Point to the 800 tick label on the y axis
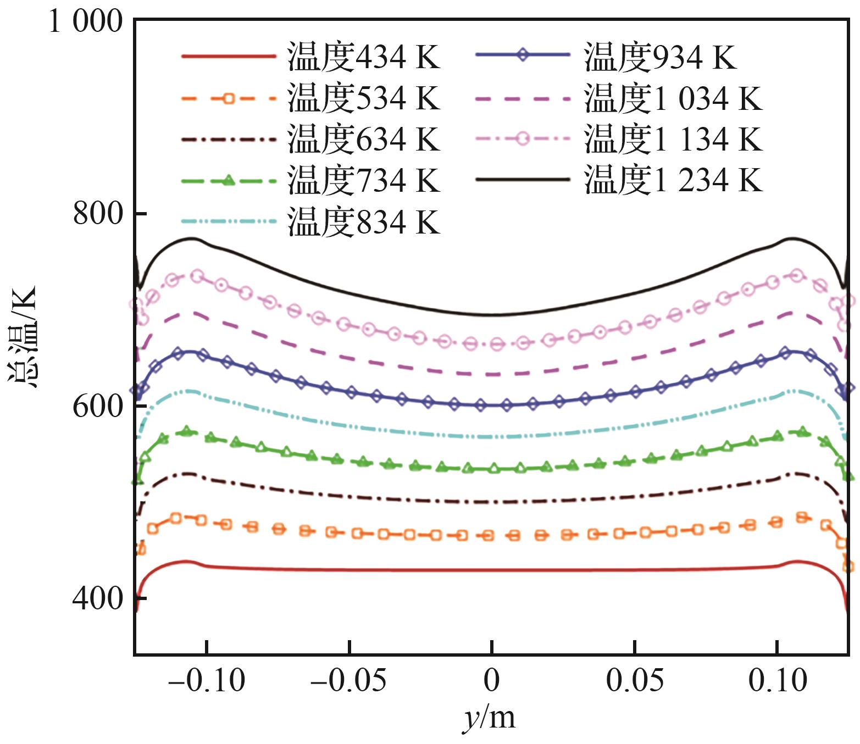pyautogui.click(x=98, y=213)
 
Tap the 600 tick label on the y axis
pyautogui.click(x=98, y=406)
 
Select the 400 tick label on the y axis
pyautogui.click(x=98, y=598)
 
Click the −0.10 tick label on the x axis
pyautogui.click(x=207, y=681)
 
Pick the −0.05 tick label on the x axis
pyautogui.click(x=349, y=681)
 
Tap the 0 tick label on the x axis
pyautogui.click(x=492, y=681)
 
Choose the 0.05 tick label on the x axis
pyautogui.click(x=635, y=681)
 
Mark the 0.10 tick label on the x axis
pyautogui.click(x=778, y=681)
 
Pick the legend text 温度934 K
pyautogui.click(x=660, y=57)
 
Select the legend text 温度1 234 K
pyautogui.click(x=673, y=180)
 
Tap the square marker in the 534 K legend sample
pyautogui.click(x=229, y=99)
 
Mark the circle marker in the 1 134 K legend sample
pyautogui.click(x=523, y=138)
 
